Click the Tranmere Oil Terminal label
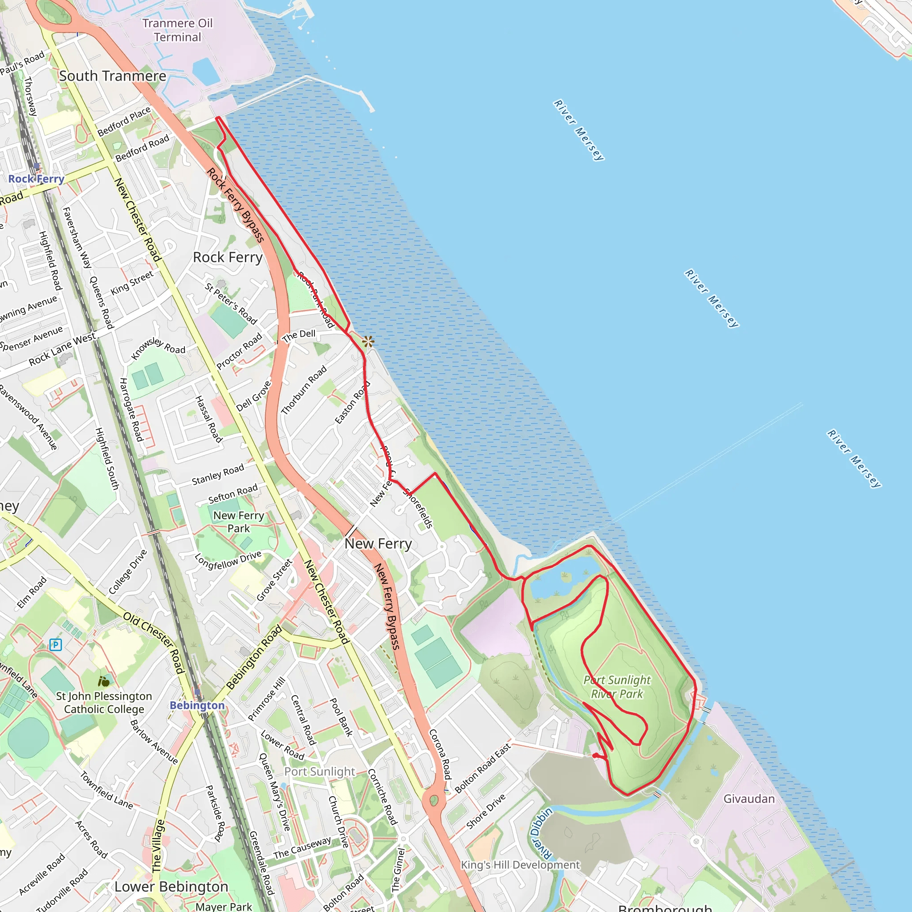178,30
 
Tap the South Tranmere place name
112,76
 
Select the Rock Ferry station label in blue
37,179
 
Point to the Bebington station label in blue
197,705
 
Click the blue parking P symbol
56,644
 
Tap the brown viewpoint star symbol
368,341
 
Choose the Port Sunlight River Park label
617,687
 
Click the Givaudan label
749,799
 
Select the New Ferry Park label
238,521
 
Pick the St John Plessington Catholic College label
104,702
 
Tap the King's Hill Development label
520,865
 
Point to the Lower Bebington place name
171,887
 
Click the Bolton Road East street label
482,768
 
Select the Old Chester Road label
154,643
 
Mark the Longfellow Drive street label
228,560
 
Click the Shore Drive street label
486,811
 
